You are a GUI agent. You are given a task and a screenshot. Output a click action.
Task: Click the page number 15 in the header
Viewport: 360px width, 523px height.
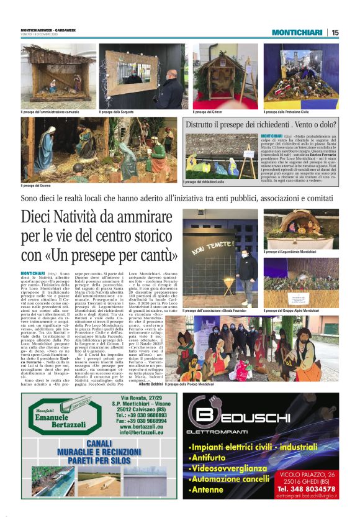click(335, 32)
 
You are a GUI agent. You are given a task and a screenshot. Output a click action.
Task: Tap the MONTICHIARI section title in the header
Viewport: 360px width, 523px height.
click(297, 32)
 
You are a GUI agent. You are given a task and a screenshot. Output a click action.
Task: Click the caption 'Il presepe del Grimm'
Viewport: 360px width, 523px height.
click(209, 112)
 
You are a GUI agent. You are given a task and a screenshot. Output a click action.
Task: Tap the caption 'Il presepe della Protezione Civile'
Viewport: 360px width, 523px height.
click(286, 112)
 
